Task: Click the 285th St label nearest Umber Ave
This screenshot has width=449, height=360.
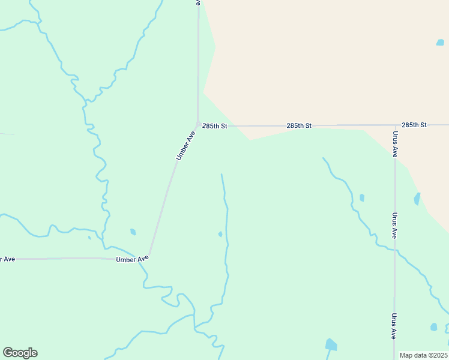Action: coord(215,126)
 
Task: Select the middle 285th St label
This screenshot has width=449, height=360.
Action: coord(299,125)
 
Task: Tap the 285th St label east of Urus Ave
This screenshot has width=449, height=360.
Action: coord(414,125)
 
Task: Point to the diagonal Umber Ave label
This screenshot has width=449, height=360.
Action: coord(185,145)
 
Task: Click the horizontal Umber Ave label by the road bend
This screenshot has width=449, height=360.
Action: coord(132,259)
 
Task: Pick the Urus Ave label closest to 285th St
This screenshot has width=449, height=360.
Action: coord(395,144)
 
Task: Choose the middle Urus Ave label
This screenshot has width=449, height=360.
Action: coord(394,226)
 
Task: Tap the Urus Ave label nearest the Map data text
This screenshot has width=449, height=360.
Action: coord(394,326)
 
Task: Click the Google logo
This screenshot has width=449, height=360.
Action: coord(20,353)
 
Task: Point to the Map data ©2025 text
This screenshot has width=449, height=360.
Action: coord(424,355)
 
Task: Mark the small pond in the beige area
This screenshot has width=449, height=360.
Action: coord(440,43)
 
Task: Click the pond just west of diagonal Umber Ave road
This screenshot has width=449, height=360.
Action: coord(133,232)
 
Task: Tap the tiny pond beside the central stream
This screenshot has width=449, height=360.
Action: coord(220,234)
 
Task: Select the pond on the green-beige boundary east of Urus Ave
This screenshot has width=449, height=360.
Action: coord(417,199)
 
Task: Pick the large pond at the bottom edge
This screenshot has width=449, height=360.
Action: coord(331,344)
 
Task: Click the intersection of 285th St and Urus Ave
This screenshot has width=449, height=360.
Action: coord(395,125)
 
